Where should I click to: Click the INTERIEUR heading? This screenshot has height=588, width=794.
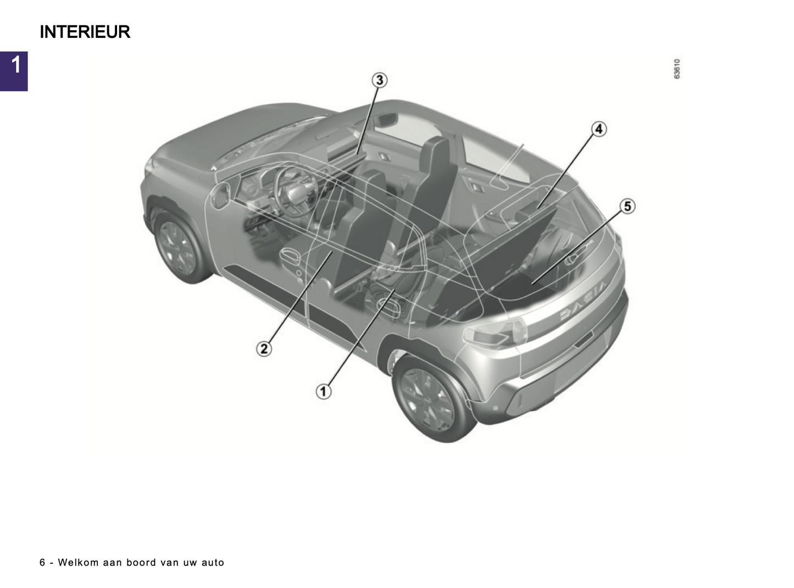(85, 32)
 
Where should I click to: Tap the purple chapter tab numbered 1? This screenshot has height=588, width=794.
(14, 71)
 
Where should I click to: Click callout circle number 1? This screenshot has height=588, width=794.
(323, 391)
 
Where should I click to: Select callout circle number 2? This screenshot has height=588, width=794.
(264, 348)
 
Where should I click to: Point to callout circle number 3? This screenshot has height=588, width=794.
(380, 80)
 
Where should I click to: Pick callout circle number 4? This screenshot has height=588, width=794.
(599, 129)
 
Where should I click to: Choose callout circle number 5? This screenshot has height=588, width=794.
(628, 207)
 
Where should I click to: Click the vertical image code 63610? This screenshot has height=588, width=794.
(676, 69)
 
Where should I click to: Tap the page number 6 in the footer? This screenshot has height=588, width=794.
(42, 562)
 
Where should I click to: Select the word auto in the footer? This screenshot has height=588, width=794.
(213, 562)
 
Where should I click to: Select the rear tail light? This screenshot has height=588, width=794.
(495, 333)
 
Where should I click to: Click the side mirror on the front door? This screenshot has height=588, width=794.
(220, 196)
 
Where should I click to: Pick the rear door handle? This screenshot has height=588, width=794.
(390, 306)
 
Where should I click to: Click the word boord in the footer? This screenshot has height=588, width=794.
(141, 562)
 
